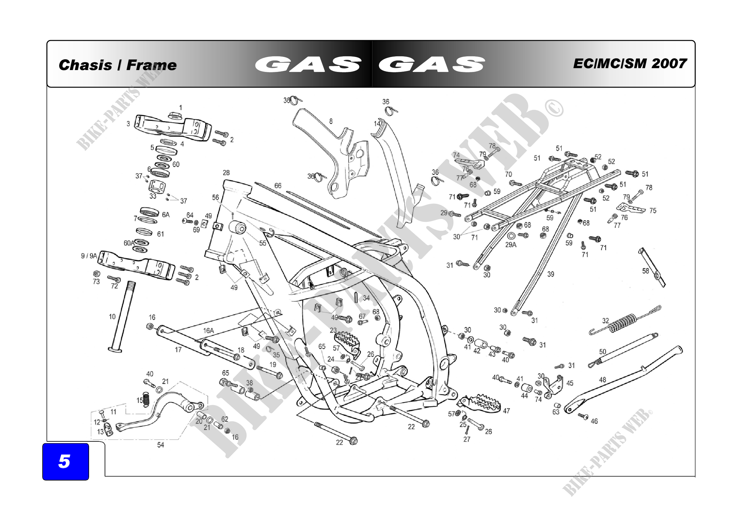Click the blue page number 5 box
[x=66, y=461]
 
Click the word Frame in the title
[x=151, y=65]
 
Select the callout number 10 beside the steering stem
[x=112, y=317]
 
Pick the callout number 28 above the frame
[x=226, y=173]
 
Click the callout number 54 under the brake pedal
[x=160, y=445]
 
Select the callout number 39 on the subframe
[x=551, y=274]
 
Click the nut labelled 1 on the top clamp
[x=175, y=116]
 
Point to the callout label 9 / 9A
[x=89, y=256]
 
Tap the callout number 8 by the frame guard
[x=331, y=121]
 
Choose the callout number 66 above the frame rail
[x=278, y=186]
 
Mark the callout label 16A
[x=208, y=331]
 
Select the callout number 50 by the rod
[x=602, y=352]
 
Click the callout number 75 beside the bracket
[x=653, y=211]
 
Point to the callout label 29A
[x=511, y=245]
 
